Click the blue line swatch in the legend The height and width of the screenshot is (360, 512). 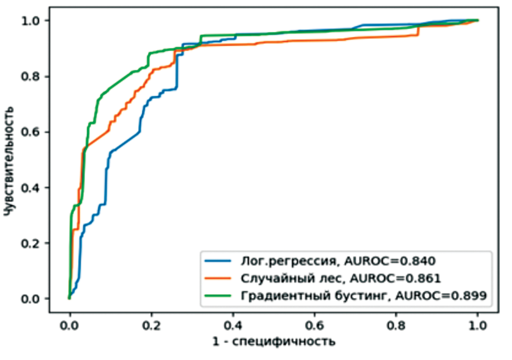pos(218,261)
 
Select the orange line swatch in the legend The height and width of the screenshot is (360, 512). pos(218,278)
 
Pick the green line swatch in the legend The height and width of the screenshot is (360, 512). pos(218,296)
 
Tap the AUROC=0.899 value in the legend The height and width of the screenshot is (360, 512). pos(441,296)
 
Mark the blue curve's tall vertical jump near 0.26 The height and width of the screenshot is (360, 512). pos(177,71)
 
